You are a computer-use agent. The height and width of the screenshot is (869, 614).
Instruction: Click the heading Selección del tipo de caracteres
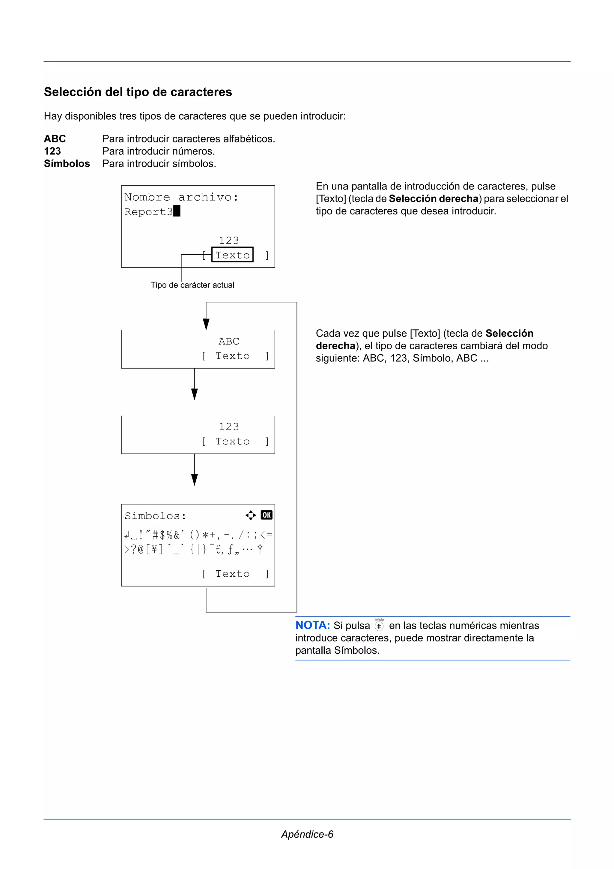[x=138, y=92]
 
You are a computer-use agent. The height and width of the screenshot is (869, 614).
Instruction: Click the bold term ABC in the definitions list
[x=55, y=139]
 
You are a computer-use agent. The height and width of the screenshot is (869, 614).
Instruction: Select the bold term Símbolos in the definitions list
[x=67, y=163]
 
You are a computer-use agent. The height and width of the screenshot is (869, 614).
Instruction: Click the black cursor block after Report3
[x=177, y=211]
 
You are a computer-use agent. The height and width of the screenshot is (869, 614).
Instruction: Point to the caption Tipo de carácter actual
[x=192, y=285]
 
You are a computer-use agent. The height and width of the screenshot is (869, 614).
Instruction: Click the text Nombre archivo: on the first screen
[x=181, y=197]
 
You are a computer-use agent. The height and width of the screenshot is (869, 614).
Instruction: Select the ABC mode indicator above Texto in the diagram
[x=228, y=341]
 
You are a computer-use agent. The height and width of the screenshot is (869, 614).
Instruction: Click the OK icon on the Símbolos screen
[x=266, y=515]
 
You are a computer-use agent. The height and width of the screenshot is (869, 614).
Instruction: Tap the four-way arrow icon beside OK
[x=250, y=515]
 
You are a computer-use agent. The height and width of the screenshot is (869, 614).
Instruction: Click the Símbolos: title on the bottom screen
[x=155, y=516]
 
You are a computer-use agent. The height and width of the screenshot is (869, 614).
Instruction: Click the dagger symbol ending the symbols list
[x=260, y=549]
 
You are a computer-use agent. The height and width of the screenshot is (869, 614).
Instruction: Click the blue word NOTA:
[x=312, y=625]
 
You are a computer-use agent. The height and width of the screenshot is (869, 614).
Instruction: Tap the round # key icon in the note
[x=379, y=626]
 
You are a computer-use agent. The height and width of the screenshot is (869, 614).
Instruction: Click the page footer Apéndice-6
[x=307, y=834]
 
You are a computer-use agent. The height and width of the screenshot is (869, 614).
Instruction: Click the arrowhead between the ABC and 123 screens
[x=195, y=394]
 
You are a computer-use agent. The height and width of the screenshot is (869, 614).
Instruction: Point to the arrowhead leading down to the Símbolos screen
[x=195, y=480]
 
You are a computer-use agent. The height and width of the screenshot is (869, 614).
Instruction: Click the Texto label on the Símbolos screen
[x=232, y=574]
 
